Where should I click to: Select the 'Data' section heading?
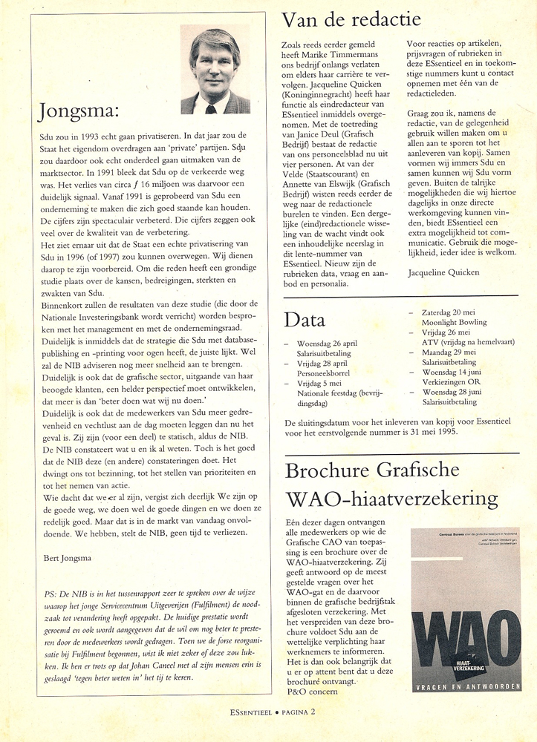tap(305, 320)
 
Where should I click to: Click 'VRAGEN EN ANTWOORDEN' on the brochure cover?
tap(466, 686)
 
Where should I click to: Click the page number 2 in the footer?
tap(313, 711)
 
